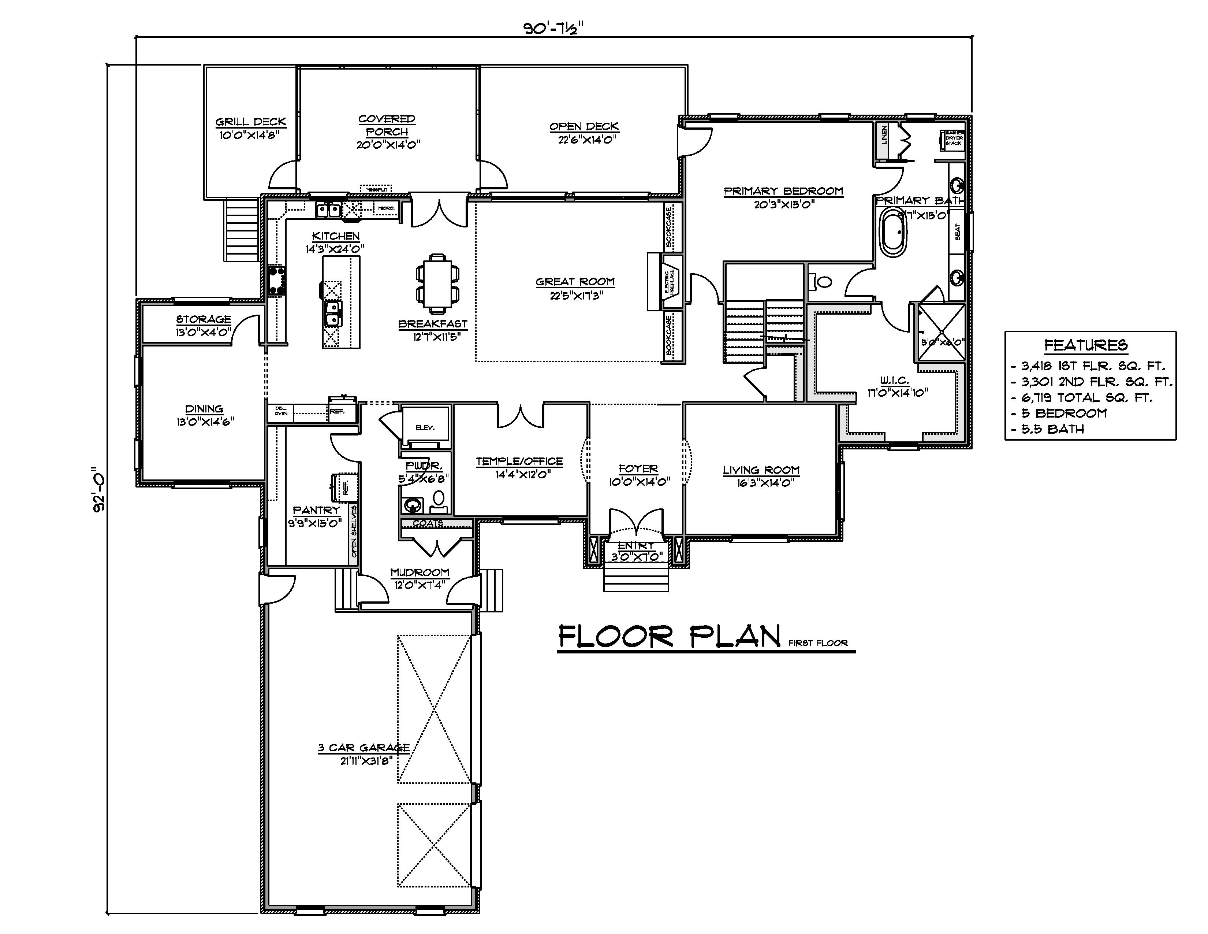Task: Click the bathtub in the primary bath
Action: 893,232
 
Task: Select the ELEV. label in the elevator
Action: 425,427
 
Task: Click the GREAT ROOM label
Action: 575,282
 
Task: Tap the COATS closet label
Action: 428,523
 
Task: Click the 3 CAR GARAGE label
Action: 363,748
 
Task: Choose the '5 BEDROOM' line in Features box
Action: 1063,413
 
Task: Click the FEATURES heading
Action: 1085,345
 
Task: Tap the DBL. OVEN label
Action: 281,411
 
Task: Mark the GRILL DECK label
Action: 250,122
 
